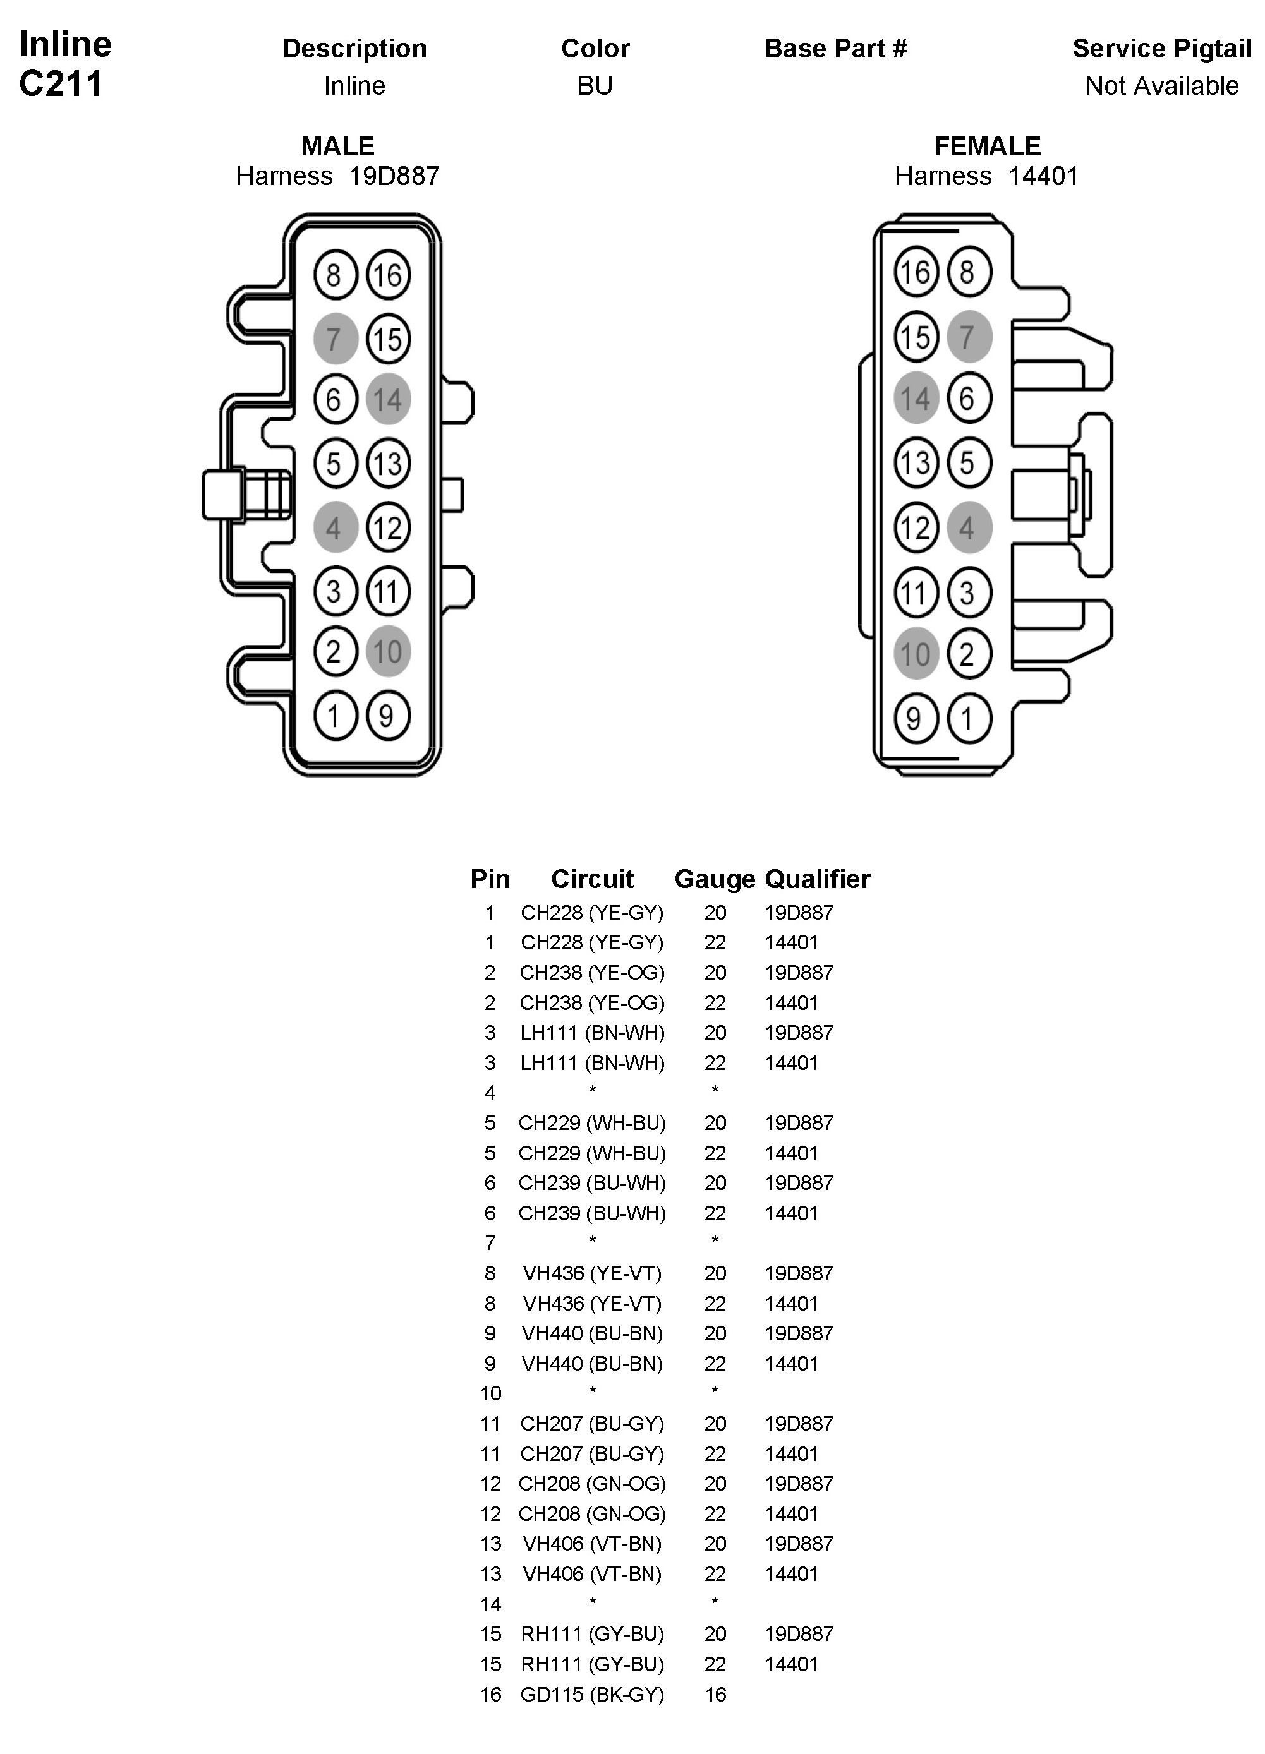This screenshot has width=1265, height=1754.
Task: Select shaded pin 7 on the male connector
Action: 335,339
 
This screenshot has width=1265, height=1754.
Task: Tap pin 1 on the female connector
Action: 969,718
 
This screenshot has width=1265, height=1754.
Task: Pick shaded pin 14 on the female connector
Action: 916,399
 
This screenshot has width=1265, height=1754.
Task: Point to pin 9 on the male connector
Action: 387,716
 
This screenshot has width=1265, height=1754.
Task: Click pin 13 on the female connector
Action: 916,463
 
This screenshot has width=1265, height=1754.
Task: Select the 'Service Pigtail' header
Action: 1161,49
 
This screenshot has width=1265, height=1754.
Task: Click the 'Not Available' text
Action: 1161,86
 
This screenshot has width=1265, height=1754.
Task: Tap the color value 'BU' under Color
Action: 594,86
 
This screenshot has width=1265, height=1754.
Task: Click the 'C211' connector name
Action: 61,84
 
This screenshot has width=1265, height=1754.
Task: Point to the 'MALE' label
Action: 337,146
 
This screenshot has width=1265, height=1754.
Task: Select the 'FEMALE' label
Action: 987,146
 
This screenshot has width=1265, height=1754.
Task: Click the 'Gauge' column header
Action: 714,879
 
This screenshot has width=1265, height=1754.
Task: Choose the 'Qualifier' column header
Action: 817,879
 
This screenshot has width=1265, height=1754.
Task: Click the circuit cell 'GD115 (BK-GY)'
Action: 592,1695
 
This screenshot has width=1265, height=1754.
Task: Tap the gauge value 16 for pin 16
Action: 715,1695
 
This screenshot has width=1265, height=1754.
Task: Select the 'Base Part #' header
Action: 835,49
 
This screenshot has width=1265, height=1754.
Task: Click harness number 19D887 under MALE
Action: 394,176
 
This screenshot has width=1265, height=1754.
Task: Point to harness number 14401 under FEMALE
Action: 1043,176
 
